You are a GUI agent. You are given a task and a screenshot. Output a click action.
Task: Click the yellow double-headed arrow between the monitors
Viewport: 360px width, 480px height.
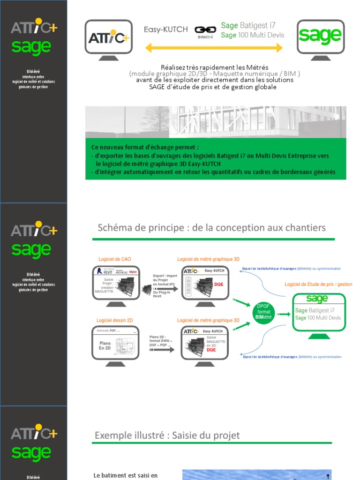tap(214, 48)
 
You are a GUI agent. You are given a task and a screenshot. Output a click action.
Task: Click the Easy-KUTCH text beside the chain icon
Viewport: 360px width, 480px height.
tap(165, 30)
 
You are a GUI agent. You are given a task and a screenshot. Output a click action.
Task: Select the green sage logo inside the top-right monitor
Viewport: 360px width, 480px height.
tap(320, 35)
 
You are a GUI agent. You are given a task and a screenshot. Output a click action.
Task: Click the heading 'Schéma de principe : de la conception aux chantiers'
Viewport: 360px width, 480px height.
tap(211, 228)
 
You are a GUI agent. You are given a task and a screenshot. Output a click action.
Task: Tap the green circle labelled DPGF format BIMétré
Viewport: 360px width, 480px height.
tap(264, 312)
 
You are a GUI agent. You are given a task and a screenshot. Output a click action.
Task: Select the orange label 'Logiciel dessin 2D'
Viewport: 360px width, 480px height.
tap(115, 320)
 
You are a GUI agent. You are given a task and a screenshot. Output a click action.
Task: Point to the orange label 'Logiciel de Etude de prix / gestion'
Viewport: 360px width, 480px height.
tap(318, 285)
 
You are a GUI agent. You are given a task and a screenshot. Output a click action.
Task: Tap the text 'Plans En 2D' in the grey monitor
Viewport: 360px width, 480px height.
tap(105, 345)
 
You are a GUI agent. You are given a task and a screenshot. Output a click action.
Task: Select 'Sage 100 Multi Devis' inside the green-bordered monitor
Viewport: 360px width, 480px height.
tap(318, 318)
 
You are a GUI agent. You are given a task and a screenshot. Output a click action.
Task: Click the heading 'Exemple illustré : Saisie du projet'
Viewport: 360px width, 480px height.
tap(167, 435)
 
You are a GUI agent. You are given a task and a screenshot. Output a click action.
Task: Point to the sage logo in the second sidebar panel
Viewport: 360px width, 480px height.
tap(31, 250)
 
